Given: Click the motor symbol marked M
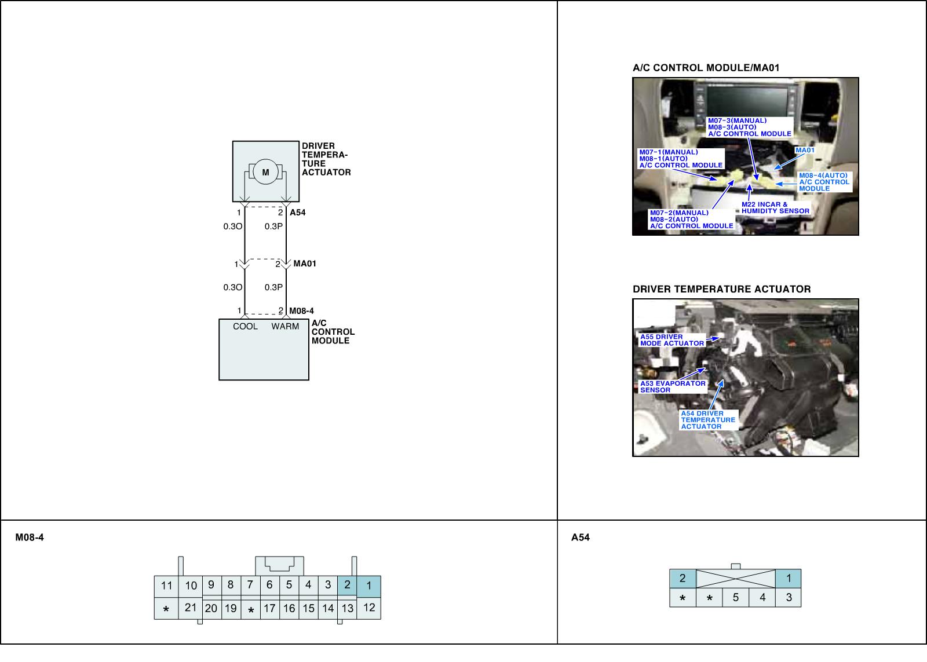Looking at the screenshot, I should tap(265, 173).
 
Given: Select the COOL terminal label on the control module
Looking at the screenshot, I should tap(245, 326).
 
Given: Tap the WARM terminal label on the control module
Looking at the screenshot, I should tap(285, 326).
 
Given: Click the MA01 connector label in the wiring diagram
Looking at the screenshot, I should tap(305, 264).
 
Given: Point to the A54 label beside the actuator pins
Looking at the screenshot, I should tap(297, 213).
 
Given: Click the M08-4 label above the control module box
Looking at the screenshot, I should tap(301, 311).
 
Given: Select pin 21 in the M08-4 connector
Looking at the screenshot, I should tap(191, 608).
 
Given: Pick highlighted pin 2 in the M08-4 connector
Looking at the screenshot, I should tap(347, 585).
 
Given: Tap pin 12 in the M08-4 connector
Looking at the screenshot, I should tap(369, 608).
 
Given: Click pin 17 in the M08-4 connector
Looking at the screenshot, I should tap(269, 608).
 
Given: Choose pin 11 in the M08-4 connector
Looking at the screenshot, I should tap(166, 586).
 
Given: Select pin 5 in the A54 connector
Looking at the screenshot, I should tap(736, 597).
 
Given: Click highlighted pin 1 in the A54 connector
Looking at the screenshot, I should tap(789, 577).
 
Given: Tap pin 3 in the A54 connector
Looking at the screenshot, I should tap(789, 597).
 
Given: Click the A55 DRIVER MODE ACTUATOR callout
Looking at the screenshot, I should tap(671, 340).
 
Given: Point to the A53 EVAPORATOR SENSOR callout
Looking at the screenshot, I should tap(673, 386).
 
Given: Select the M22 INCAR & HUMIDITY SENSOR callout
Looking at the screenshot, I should tap(775, 208).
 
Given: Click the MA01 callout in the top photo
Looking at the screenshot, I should tap(805, 151).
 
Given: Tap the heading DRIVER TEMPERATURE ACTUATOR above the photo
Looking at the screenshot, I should tap(721, 289).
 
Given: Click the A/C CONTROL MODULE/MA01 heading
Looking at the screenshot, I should tap(706, 68).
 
